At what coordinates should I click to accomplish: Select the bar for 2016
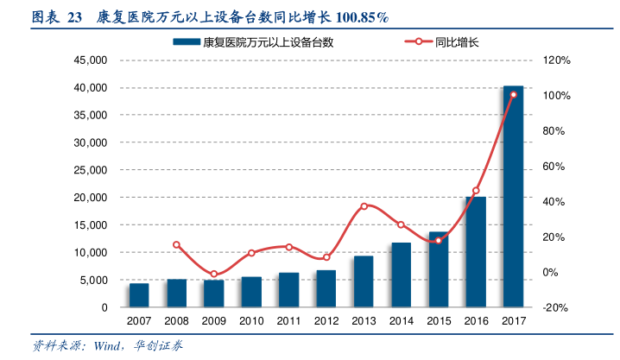(476, 252)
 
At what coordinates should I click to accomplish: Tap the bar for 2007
(139, 295)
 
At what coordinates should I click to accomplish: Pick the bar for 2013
(364, 281)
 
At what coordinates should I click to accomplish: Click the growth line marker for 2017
(513, 95)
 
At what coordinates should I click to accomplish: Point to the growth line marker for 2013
(364, 206)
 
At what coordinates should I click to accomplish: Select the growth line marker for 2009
(213, 275)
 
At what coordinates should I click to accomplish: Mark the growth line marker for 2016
(476, 191)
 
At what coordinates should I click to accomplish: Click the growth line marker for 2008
(176, 244)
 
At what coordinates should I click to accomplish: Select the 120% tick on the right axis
(556, 60)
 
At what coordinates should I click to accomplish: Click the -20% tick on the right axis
(556, 307)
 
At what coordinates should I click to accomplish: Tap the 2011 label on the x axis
(288, 321)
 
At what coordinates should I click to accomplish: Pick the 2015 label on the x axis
(439, 321)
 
